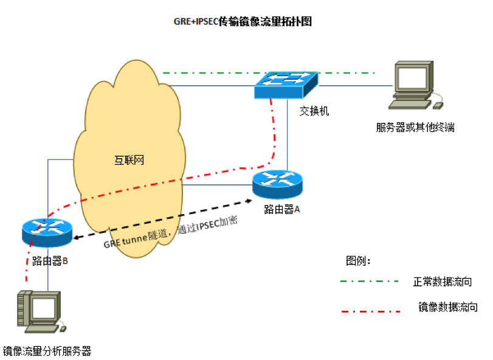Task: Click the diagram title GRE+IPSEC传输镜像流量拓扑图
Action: click(x=243, y=22)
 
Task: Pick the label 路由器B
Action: click(x=49, y=261)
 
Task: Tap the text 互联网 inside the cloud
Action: click(x=129, y=161)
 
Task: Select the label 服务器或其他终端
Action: click(x=415, y=127)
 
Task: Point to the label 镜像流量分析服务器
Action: click(x=47, y=350)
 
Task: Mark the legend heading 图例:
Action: click(x=357, y=261)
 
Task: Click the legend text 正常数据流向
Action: click(x=442, y=282)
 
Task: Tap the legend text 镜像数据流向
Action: click(x=448, y=307)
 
